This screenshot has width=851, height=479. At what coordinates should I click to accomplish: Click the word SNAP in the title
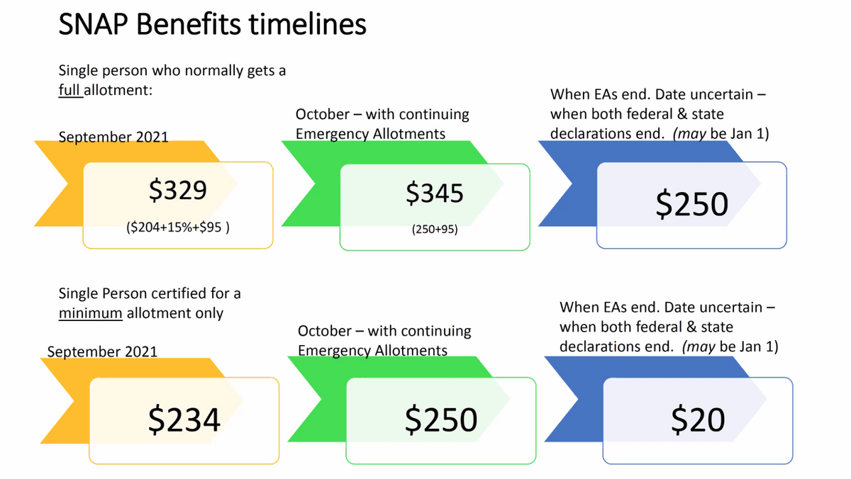click(x=94, y=24)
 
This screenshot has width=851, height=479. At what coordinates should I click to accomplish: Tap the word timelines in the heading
click(x=307, y=24)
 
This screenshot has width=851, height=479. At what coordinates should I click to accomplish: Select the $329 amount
click(x=178, y=190)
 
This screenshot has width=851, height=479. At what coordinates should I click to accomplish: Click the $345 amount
click(x=435, y=193)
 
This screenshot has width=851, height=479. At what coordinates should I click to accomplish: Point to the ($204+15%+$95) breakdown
click(x=178, y=227)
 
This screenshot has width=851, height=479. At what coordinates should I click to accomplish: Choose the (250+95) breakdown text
click(x=435, y=229)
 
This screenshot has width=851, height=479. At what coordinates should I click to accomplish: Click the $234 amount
click(x=184, y=419)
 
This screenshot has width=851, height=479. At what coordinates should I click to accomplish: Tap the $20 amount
click(x=698, y=419)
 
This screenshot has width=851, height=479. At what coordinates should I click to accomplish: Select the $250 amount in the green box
click(x=440, y=419)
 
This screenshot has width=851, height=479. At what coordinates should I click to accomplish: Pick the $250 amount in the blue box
click(x=692, y=204)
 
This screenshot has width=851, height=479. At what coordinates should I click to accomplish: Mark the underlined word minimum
click(x=91, y=313)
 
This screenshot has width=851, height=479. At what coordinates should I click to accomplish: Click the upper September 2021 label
click(x=113, y=137)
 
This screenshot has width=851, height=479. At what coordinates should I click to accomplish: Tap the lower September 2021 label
click(x=102, y=351)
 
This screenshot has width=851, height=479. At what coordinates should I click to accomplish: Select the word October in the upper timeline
click(x=323, y=114)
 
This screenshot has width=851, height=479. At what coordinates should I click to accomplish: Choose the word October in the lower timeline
click(x=325, y=331)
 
